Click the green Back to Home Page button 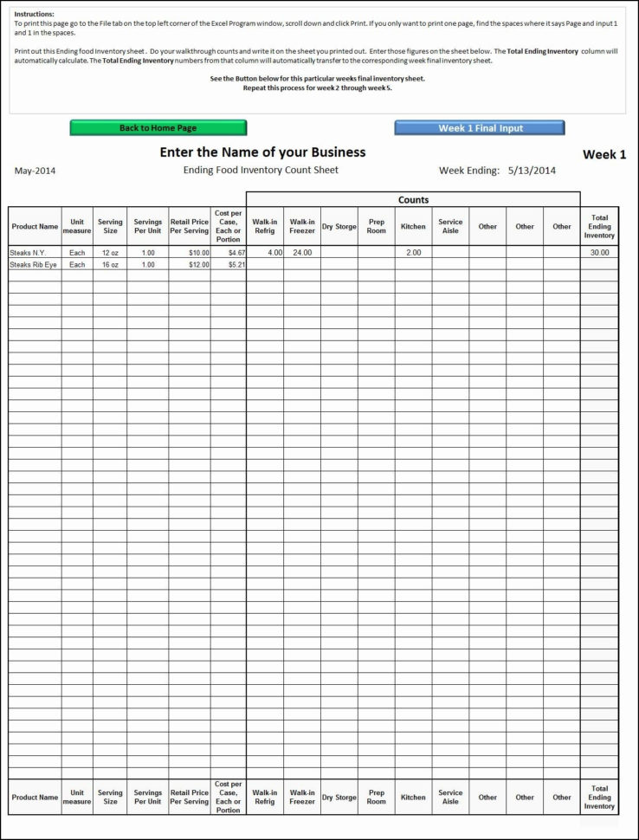point(158,128)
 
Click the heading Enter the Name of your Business point(262,152)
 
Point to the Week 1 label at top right point(603,155)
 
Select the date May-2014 point(35,171)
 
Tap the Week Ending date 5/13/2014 point(532,171)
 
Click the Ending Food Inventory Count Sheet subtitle point(261,170)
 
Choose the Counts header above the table point(413,200)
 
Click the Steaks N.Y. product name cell point(28,253)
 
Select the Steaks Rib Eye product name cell point(33,265)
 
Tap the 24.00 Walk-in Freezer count point(302,253)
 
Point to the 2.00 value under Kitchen point(413,253)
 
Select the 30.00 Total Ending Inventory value point(599,253)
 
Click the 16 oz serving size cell point(110,265)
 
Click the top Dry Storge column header point(339,227)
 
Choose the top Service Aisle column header point(450,227)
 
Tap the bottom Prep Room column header point(377,798)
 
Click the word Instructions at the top point(34,15)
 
